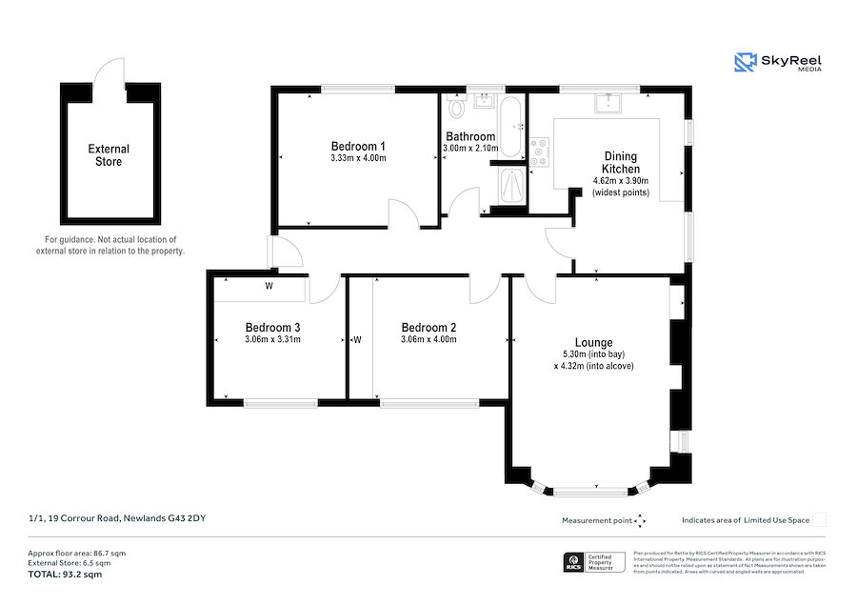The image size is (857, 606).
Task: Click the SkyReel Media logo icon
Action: pos(745,63)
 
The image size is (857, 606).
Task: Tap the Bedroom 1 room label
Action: pos(358,146)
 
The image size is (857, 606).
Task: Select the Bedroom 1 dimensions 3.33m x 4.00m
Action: pos(358,159)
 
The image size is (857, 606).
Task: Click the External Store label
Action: pos(109,155)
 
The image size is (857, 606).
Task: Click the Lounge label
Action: pos(593,342)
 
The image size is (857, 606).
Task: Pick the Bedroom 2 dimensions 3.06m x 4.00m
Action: pos(428,339)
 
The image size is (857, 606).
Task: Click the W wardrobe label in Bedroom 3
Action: pos(269,286)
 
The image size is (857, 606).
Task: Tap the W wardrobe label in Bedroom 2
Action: pos(358,339)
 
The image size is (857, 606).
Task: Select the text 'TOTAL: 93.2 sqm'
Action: pos(65,575)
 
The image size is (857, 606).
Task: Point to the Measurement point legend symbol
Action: pos(640,520)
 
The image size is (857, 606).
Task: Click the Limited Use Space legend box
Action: pos(819,519)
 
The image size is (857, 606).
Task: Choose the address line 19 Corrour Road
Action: pos(117,518)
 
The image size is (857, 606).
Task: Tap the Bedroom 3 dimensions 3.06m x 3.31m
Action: pos(272,339)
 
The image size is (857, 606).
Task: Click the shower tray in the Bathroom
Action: pos(510,186)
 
